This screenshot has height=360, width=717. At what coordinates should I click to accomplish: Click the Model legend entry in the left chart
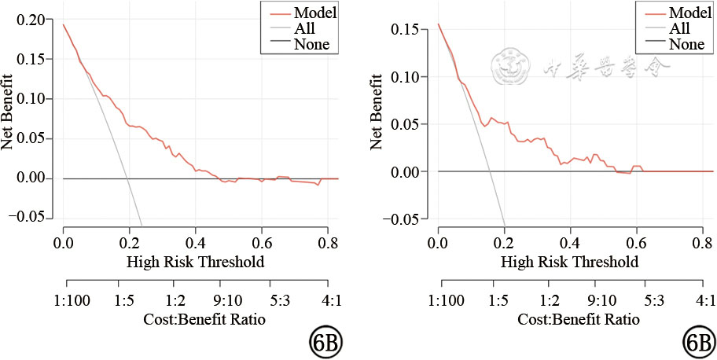tap(311, 12)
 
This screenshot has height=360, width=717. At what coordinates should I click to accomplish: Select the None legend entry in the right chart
tap(686, 45)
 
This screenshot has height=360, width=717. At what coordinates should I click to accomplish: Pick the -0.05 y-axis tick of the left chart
tap(30, 217)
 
